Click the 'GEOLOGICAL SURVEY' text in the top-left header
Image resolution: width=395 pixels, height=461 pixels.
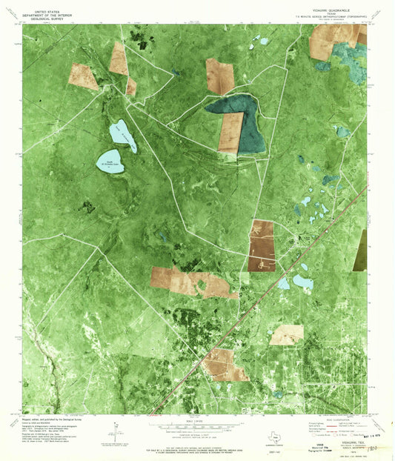[x=48, y=19]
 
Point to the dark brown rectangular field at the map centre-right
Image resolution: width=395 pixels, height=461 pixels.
[x=262, y=245]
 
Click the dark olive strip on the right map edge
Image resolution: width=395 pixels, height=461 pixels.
[x=361, y=248]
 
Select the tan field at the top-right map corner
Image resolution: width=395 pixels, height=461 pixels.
[x=326, y=42]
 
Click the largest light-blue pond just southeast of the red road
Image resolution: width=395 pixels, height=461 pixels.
[x=303, y=282]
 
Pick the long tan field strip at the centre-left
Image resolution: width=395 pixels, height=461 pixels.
[x=191, y=282]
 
